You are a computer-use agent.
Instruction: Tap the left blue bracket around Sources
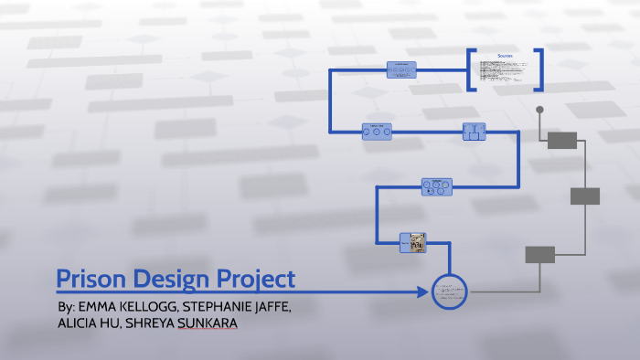coord(472,69)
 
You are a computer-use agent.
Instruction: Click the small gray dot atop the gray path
coord(540,111)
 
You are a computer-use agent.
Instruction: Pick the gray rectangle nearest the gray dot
coord(561,140)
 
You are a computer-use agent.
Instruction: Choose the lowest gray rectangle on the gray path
coord(539,254)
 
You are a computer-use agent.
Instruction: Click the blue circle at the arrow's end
coord(450,292)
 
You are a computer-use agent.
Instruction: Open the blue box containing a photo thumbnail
coord(413,242)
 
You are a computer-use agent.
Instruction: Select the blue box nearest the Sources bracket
coord(401,69)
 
